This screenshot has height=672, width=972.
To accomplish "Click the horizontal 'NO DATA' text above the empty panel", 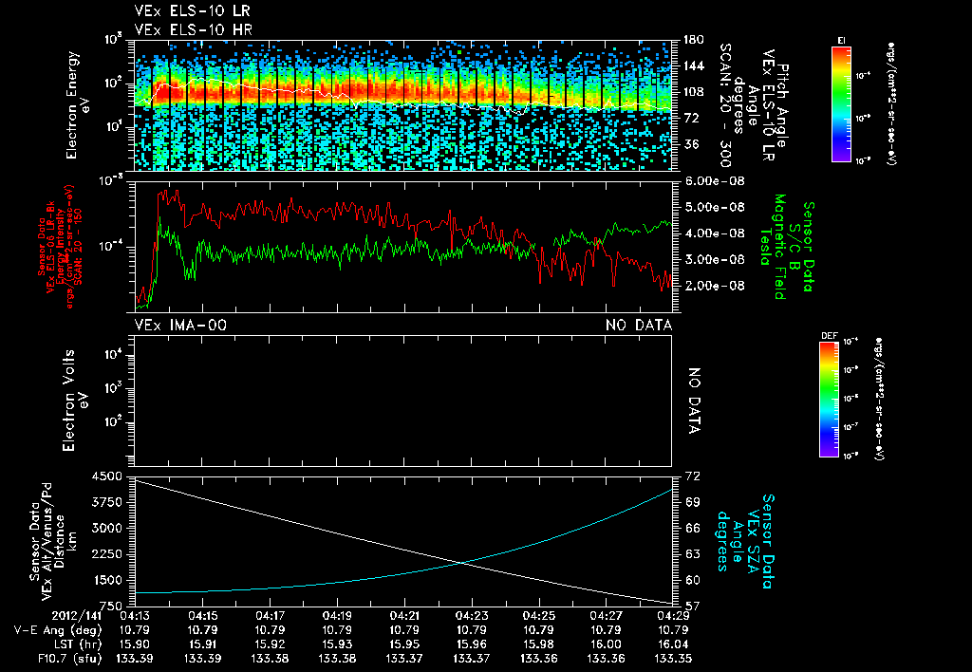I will point(639,326).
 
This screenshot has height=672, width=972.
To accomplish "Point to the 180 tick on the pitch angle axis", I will point(692,40).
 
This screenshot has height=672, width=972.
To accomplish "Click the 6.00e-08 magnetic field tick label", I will point(711,180).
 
